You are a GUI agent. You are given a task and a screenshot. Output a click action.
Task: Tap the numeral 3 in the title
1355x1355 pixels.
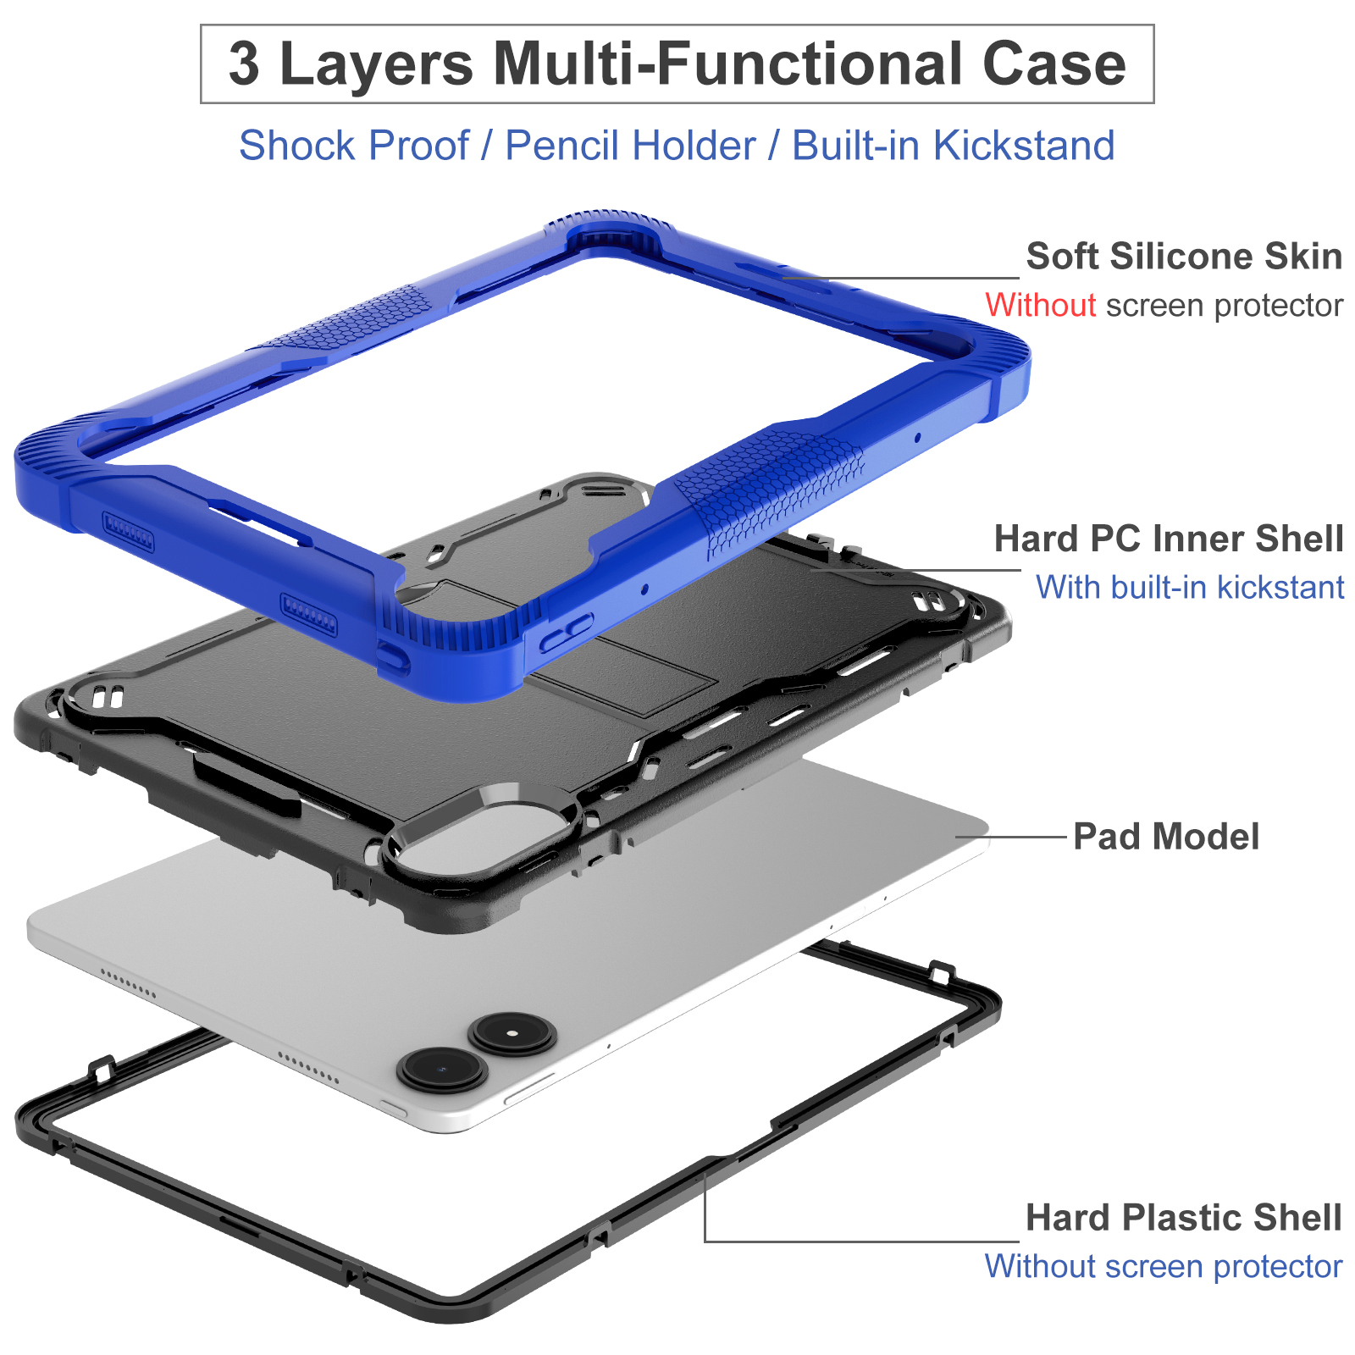[x=244, y=64]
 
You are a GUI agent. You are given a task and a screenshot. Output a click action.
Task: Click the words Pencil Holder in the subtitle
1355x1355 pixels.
[x=630, y=146]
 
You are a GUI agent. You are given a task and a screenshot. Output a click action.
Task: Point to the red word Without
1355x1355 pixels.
[x=1041, y=305]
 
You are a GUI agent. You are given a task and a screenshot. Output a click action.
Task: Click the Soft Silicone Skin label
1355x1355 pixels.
[x=1184, y=257]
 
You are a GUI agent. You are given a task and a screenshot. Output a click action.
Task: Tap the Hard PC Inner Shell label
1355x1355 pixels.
[x=1169, y=539]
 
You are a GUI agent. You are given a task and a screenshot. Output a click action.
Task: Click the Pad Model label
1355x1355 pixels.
[x=1166, y=837]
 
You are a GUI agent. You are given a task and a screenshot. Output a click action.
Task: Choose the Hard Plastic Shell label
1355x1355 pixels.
[x=1183, y=1218]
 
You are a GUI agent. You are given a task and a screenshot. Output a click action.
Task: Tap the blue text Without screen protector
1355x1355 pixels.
[x=1163, y=1267]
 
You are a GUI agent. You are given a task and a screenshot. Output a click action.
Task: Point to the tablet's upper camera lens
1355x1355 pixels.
[x=512, y=1034]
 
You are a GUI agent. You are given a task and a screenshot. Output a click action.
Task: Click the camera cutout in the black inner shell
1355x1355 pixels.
[x=478, y=843]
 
